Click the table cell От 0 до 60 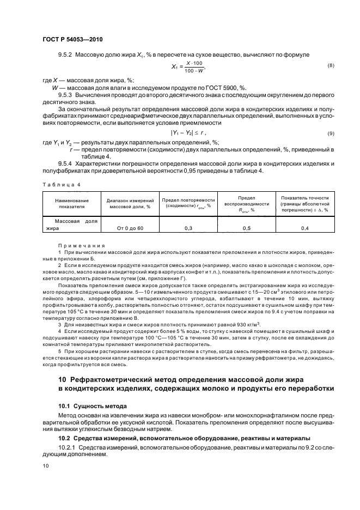coord(125,228)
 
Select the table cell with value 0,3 coord(187,228)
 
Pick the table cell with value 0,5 coord(246,228)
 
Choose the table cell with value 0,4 coord(304,228)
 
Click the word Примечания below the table coord(77,246)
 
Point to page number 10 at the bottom coord(46,466)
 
